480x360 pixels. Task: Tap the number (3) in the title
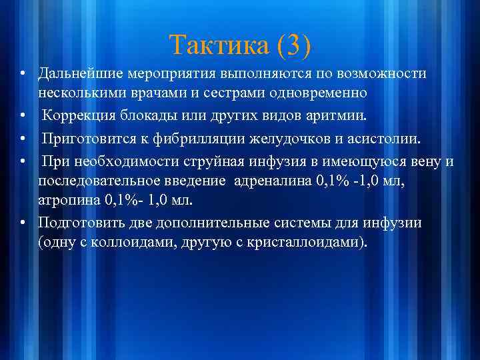290,45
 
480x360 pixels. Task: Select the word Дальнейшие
79,73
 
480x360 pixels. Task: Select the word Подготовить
79,223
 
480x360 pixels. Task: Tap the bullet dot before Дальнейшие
23,73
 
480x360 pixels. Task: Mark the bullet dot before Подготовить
23,223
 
